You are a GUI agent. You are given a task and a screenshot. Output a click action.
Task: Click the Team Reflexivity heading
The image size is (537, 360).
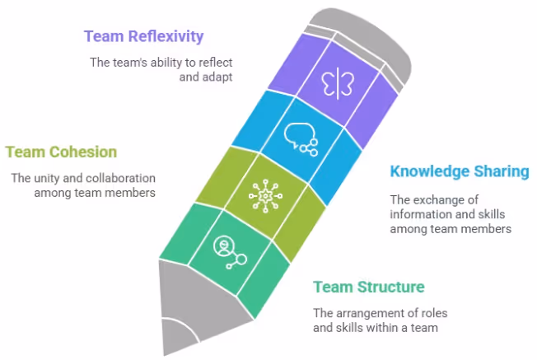click(x=143, y=36)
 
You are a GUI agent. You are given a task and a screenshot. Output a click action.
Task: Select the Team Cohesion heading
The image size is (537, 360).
click(x=61, y=152)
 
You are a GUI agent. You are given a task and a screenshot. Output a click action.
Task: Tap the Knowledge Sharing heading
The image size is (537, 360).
click(x=459, y=172)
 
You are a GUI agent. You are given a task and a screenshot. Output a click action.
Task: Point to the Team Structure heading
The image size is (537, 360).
click(x=368, y=287)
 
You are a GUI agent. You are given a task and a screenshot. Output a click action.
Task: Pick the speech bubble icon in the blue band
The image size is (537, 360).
click(x=299, y=138)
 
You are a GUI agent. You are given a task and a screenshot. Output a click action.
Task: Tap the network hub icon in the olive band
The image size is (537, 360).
click(x=264, y=195)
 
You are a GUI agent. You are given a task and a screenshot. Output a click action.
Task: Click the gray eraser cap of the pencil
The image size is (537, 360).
click(x=367, y=37)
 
